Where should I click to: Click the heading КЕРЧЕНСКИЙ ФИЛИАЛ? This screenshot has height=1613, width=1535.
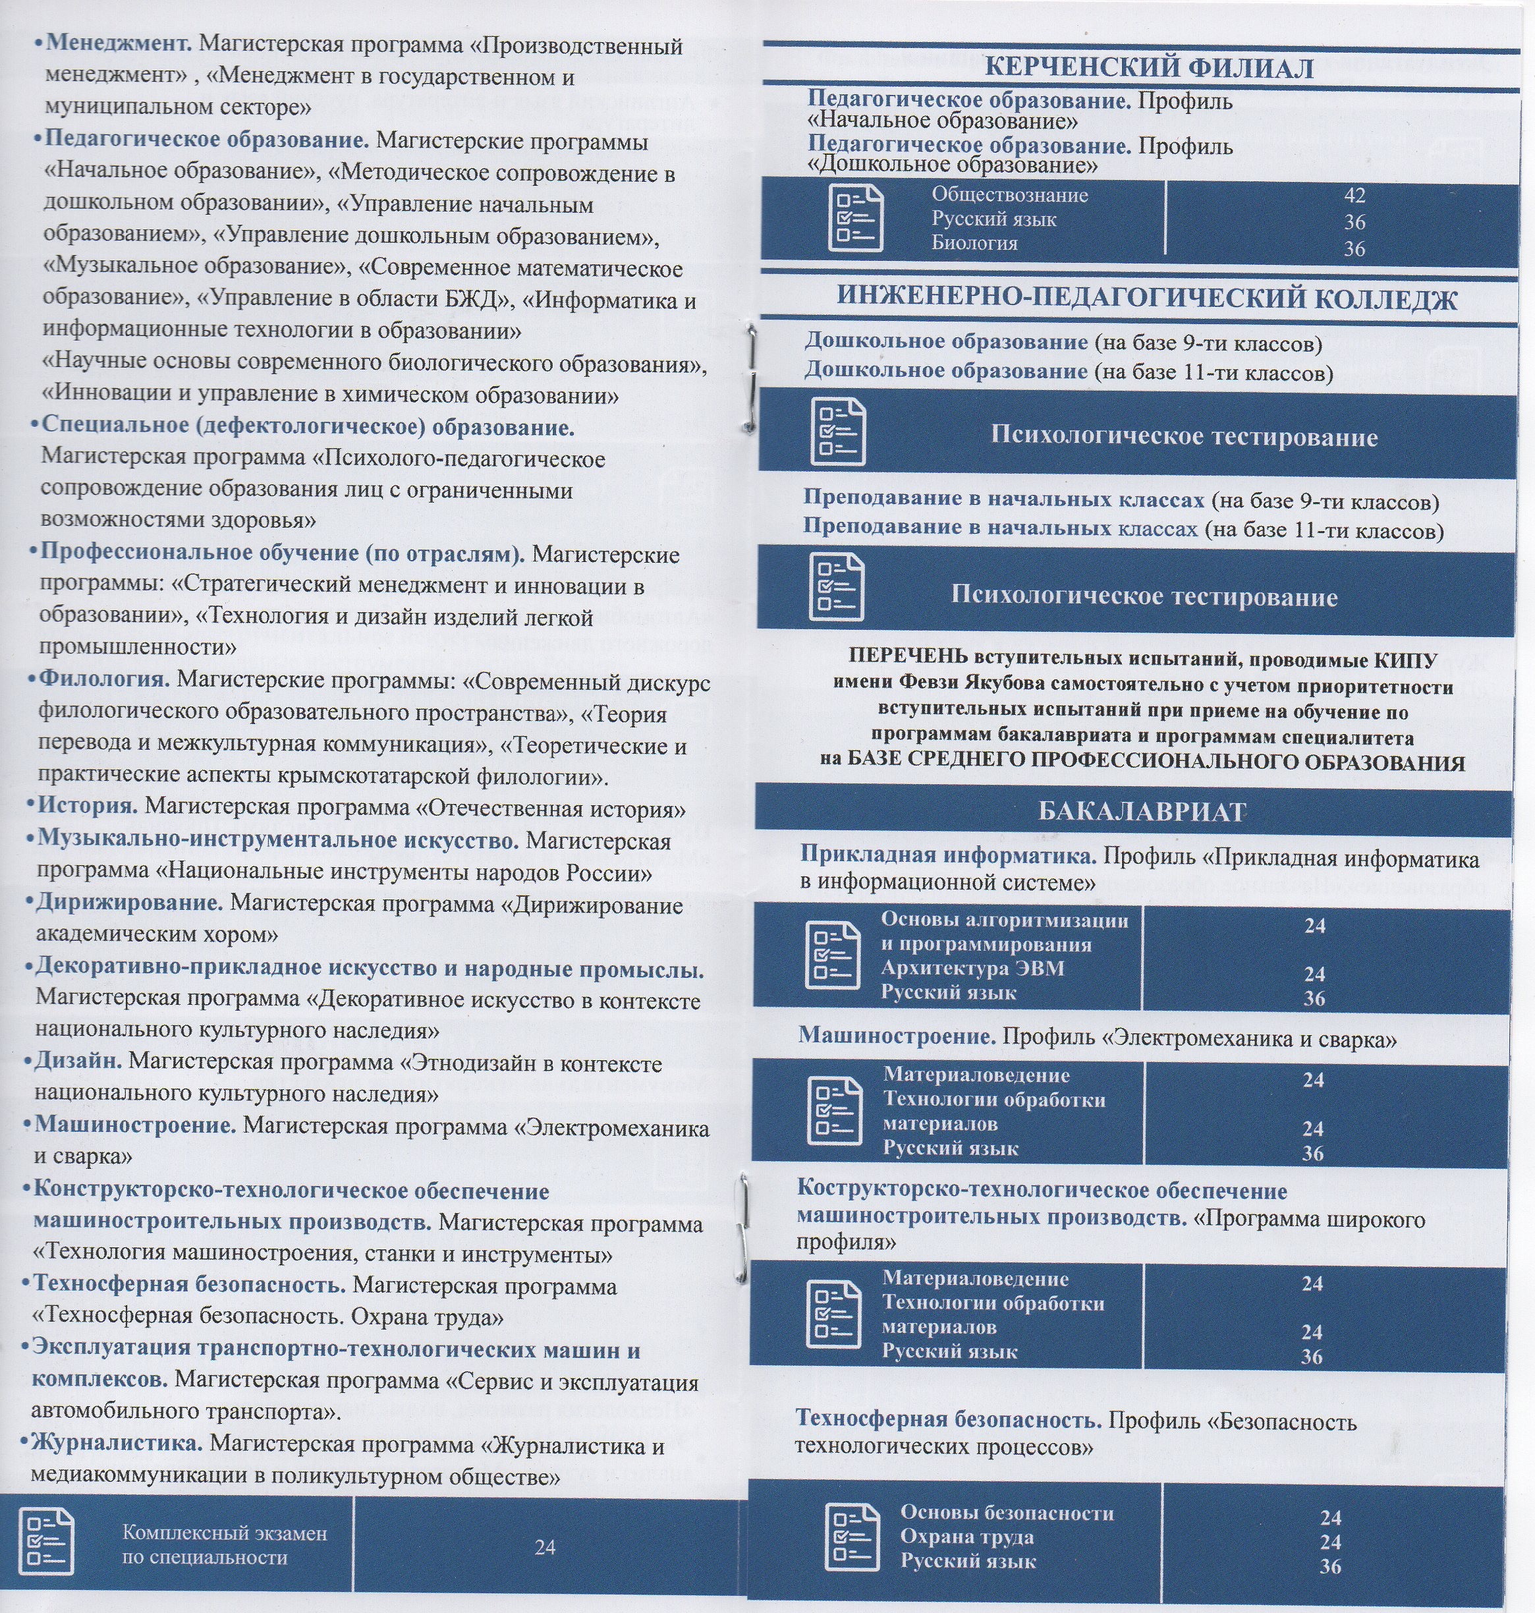(x=1148, y=67)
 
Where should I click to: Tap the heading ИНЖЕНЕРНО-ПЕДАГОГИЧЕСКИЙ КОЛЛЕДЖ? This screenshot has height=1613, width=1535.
(x=1146, y=300)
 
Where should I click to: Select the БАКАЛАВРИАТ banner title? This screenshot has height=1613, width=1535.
(x=1142, y=812)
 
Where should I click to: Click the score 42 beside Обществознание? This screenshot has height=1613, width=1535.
(x=1354, y=196)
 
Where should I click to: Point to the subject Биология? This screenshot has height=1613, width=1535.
(x=974, y=244)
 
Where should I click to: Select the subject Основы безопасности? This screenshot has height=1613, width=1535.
(x=1007, y=1512)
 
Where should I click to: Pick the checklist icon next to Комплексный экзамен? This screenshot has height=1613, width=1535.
(x=47, y=1542)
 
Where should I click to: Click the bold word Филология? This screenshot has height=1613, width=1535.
(x=105, y=679)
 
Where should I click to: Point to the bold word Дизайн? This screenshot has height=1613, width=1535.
(x=78, y=1061)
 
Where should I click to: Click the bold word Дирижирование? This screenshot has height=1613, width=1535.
(x=129, y=903)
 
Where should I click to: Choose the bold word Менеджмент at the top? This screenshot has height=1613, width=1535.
(x=119, y=43)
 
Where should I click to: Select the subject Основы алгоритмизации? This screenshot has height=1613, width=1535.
(x=1004, y=920)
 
